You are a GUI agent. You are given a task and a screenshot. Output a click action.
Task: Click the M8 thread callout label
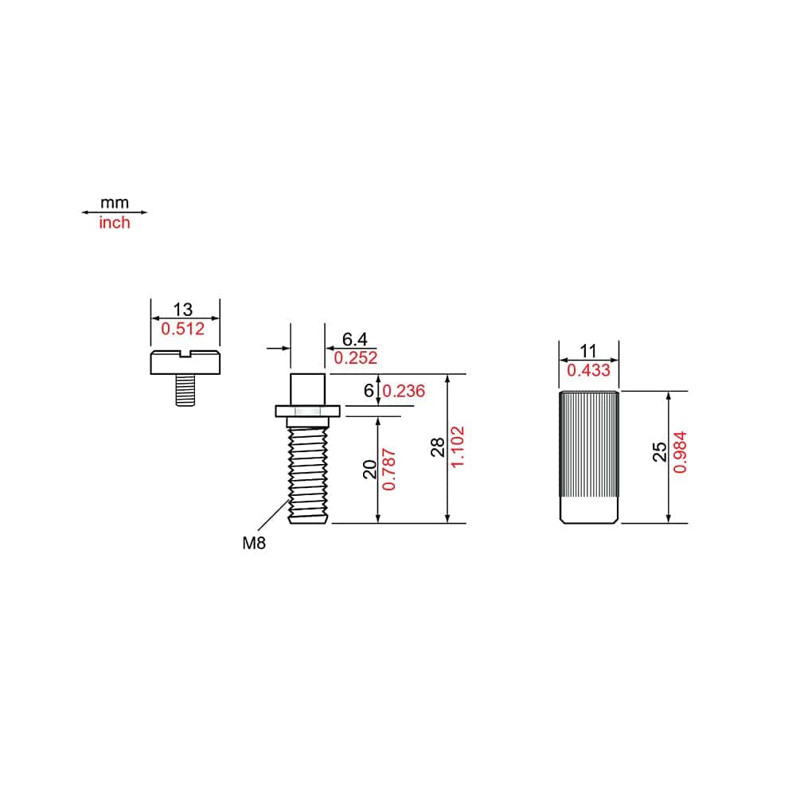[254, 543]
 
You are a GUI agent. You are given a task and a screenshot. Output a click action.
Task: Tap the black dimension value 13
[183, 309]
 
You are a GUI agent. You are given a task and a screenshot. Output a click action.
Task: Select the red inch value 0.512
[183, 329]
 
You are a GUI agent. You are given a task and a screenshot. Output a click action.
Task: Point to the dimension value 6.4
[354, 338]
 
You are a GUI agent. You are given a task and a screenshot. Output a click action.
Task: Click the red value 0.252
[355, 358]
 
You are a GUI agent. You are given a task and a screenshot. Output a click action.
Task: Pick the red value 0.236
[404, 391]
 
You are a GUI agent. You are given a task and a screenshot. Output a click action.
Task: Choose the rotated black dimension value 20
[370, 470]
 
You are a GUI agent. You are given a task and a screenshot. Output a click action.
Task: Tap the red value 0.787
[389, 470]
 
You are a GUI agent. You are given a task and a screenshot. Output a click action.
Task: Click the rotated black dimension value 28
[438, 447]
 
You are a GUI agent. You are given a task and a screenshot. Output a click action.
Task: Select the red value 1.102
[458, 447]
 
